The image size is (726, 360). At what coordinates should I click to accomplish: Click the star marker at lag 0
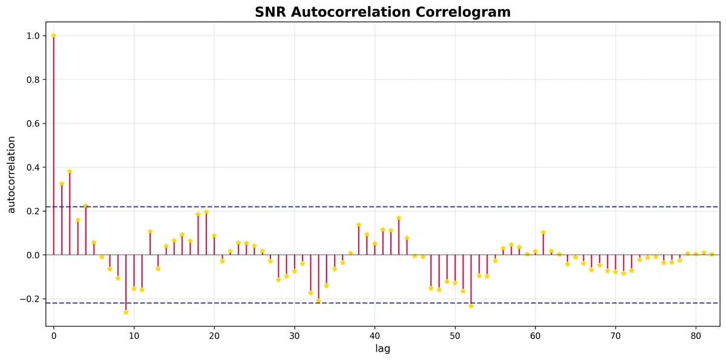coord(53,36)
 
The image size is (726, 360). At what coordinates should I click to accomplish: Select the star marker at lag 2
coord(70,171)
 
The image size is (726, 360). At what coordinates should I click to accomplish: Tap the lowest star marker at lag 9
coord(126,312)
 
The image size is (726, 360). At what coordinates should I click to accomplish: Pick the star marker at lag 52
coord(471,306)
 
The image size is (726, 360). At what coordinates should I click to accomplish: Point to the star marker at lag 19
coord(206,212)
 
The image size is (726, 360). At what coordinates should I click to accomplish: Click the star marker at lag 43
coord(399,218)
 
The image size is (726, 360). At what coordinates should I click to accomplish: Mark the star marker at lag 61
coord(543,232)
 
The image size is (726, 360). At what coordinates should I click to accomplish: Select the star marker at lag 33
coord(318,301)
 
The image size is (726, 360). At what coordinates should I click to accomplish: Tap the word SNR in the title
coord(271,12)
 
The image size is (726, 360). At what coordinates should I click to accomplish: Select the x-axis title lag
coord(382,349)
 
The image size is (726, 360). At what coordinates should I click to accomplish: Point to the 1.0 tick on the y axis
coord(34,36)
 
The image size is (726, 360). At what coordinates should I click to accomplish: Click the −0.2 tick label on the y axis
coord(31,299)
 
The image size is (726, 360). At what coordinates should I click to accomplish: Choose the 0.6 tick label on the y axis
coord(34,123)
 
